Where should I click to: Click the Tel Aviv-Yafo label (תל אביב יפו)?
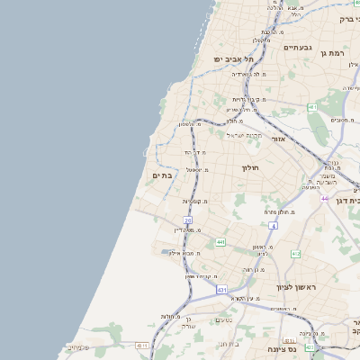[230, 58]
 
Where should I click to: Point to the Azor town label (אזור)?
[278, 139]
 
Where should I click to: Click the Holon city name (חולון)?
[249, 167]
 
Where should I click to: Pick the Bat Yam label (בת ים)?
[162, 175]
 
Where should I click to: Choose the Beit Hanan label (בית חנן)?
[229, 343]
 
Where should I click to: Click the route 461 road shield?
[312, 107]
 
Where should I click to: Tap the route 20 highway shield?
[188, 220]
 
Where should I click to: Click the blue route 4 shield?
[272, 226]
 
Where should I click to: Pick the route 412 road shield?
[296, 254]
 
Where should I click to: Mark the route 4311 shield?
[141, 345]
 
